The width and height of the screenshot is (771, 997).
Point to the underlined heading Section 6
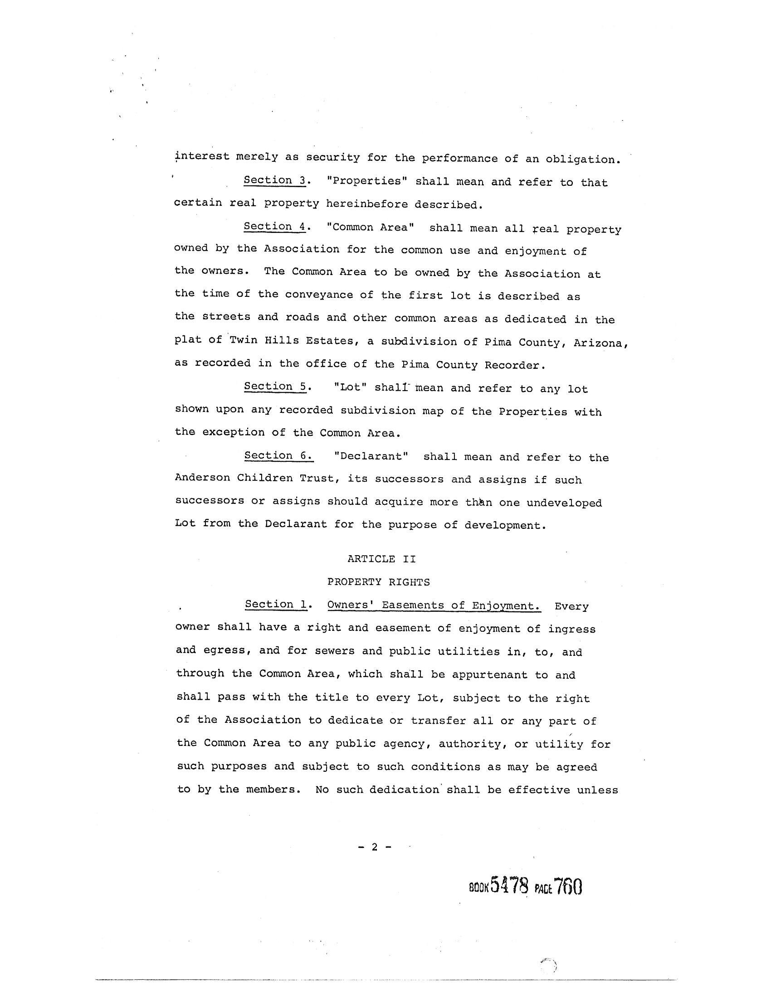coord(278,455)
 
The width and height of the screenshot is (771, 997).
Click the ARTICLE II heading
coord(381,559)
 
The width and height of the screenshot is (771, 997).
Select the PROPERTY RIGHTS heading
coord(379,582)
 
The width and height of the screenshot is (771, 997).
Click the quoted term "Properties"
coord(367,181)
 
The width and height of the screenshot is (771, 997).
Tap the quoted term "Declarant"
coord(371,456)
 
